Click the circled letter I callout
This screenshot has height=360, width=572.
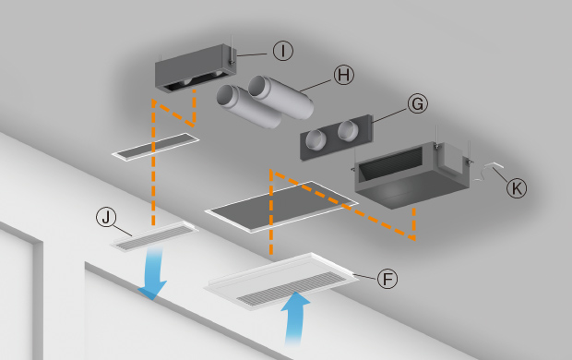pyautogui.click(x=283, y=51)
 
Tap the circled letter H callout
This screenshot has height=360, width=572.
pyautogui.click(x=344, y=75)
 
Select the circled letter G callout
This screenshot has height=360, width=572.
pyautogui.click(x=418, y=103)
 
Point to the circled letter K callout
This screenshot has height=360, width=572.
pyautogui.click(x=517, y=188)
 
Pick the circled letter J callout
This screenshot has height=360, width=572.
pyautogui.click(x=106, y=217)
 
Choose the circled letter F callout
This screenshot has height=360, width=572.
pyautogui.click(x=387, y=279)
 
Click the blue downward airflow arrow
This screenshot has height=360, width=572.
pyautogui.click(x=153, y=273)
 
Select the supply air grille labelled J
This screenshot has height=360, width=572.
pyautogui.click(x=156, y=236)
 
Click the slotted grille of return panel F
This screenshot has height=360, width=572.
pyautogui.click(x=292, y=289)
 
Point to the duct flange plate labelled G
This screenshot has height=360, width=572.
pyautogui.click(x=337, y=138)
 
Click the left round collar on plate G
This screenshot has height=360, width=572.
pyautogui.click(x=315, y=139)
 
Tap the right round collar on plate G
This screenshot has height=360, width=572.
pyautogui.click(x=348, y=131)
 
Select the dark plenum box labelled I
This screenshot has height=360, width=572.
pyautogui.click(x=196, y=68)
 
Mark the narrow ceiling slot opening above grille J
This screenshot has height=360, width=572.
pyautogui.click(x=156, y=146)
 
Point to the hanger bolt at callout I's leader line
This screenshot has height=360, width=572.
pyautogui.click(x=232, y=52)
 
